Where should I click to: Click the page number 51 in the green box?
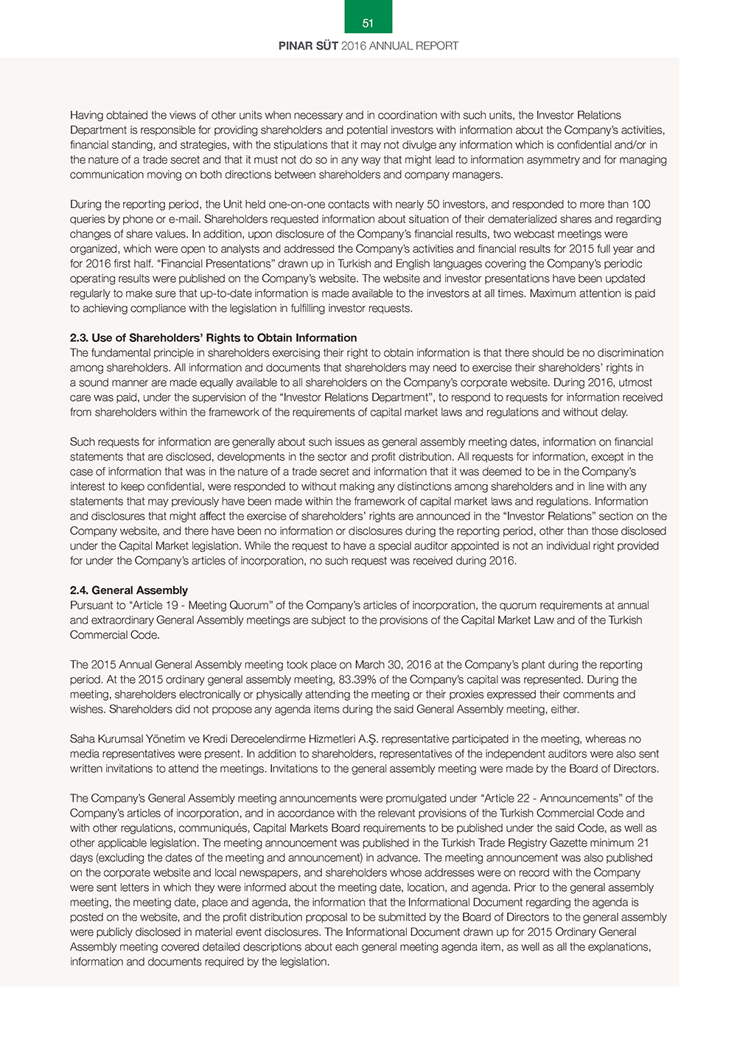368,24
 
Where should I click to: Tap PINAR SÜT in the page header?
308,46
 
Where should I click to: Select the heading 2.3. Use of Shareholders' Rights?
213,338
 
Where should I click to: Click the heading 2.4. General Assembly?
129,590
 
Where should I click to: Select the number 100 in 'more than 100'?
640,204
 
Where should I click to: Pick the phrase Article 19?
156,605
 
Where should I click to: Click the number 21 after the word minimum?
643,843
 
